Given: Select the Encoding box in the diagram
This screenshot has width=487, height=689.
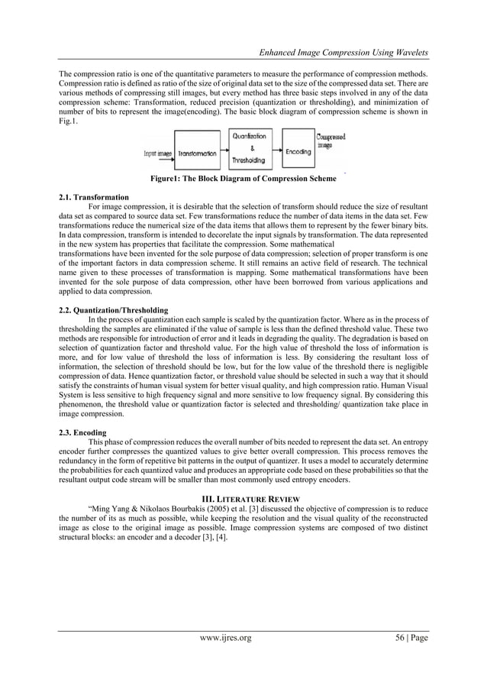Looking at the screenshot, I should point(298,151).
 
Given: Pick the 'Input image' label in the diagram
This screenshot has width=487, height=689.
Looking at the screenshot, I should point(159,152).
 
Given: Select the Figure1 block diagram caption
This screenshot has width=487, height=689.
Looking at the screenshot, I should point(243,179).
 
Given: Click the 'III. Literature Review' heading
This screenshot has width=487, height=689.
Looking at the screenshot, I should point(243,498).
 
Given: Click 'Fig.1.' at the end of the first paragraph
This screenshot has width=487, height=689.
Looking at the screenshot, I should point(68,121).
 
